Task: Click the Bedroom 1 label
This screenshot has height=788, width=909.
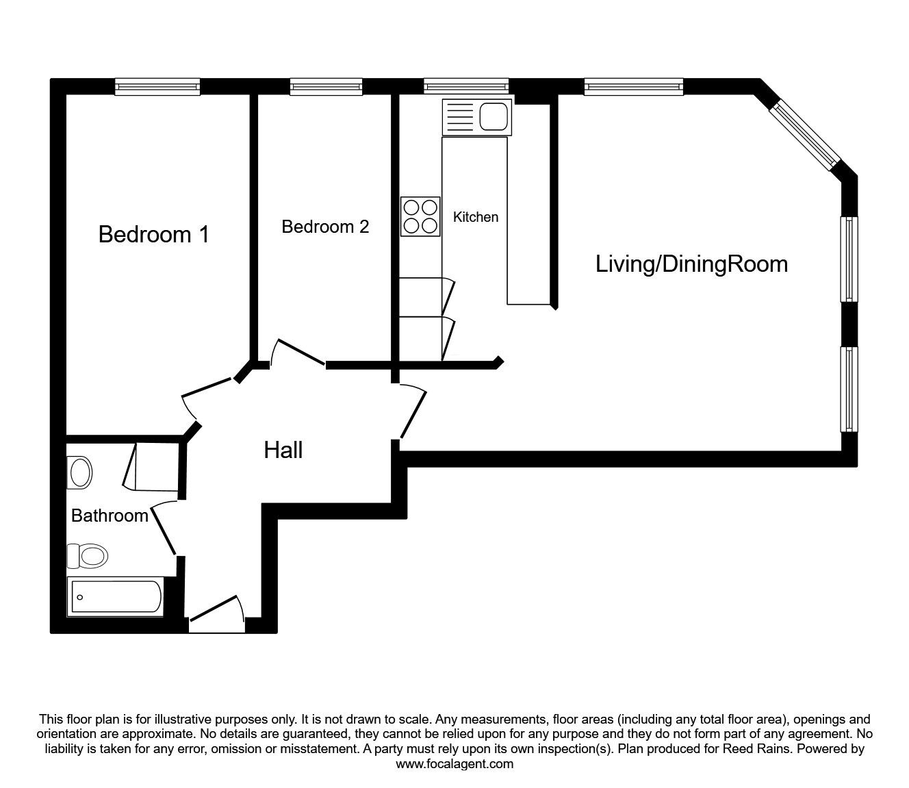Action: pyautogui.click(x=153, y=235)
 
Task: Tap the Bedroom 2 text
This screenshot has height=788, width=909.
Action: pyautogui.click(x=325, y=227)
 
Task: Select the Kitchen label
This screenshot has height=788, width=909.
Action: pyautogui.click(x=476, y=217)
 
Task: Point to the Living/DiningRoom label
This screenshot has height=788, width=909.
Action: pyautogui.click(x=691, y=264)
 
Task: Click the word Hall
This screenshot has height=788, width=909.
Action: pyautogui.click(x=283, y=450)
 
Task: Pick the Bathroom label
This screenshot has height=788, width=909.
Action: pyautogui.click(x=110, y=516)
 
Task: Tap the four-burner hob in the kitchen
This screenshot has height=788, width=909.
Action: pyautogui.click(x=420, y=216)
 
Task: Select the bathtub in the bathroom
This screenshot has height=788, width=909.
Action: pyautogui.click(x=115, y=597)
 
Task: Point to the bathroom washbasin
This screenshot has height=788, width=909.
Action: pyautogui.click(x=80, y=473)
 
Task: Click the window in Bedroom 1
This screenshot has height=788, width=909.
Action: pyautogui.click(x=157, y=86)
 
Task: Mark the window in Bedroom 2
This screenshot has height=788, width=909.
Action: pyautogui.click(x=326, y=86)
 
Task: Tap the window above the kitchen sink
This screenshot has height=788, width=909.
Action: pyautogui.click(x=466, y=86)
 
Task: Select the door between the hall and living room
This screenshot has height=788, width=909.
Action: pyautogui.click(x=412, y=411)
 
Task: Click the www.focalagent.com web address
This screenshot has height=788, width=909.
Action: pyautogui.click(x=454, y=764)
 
